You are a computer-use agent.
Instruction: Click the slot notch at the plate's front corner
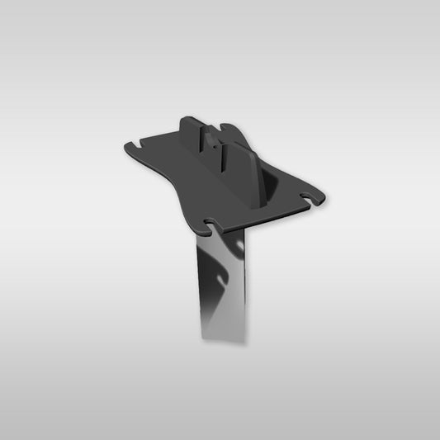click(x=213, y=222)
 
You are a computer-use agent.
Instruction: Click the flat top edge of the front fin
click(x=238, y=147)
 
